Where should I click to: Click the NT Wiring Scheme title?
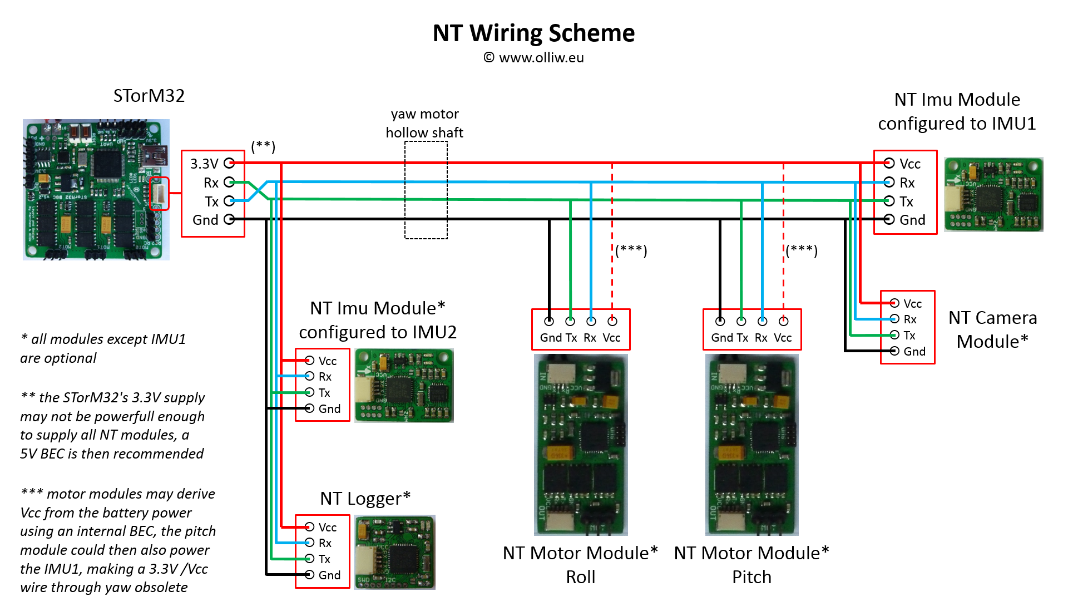pyautogui.click(x=533, y=33)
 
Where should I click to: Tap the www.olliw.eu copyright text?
pyautogui.click(x=534, y=58)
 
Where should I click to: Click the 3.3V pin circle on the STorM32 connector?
pyautogui.click(x=229, y=163)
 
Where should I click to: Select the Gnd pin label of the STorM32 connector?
pyautogui.click(x=205, y=220)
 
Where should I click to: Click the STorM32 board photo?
pyautogui.click(x=96, y=189)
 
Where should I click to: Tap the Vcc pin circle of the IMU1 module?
pyautogui.click(x=889, y=163)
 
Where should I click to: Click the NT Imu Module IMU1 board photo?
pyautogui.click(x=993, y=194)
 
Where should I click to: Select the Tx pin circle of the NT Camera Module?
pyautogui.click(x=894, y=335)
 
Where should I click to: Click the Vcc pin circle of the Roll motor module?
pyautogui.click(x=612, y=321)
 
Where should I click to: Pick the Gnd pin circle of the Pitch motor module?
pyautogui.click(x=720, y=321)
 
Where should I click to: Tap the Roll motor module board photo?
pyautogui.click(x=581, y=445)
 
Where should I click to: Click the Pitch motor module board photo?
pyautogui.click(x=751, y=445)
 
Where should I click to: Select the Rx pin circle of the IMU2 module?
pyautogui.click(x=309, y=376)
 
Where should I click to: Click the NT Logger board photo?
pyautogui.click(x=394, y=552)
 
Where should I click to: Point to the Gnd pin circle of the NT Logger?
pyautogui.click(x=309, y=574)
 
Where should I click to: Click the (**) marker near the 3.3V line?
pyautogui.click(x=263, y=146)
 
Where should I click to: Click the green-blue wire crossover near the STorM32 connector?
pyautogui.click(x=258, y=191)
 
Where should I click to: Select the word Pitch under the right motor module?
pyautogui.click(x=751, y=577)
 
